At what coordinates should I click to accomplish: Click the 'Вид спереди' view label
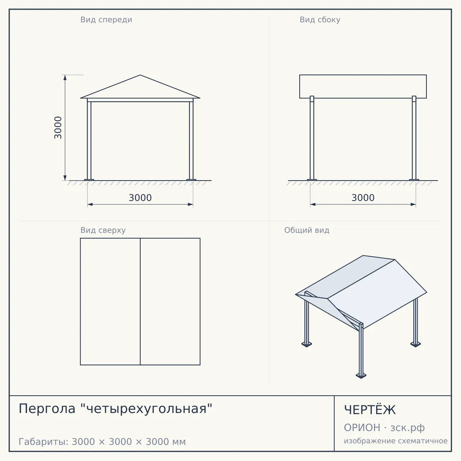(106, 20)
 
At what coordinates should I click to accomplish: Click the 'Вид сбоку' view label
(320, 20)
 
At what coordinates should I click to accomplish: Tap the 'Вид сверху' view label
(103, 230)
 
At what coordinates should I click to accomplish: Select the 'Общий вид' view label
(307, 230)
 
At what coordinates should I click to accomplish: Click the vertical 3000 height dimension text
(58, 128)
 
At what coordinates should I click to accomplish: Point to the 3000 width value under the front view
(140, 198)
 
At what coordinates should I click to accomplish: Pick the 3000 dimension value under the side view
(363, 198)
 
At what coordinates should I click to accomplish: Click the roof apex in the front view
(140, 75)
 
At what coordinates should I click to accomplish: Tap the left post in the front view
(89, 141)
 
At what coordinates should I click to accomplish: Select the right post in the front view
(191, 141)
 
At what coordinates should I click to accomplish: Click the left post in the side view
(312, 138)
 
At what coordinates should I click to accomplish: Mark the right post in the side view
(414, 138)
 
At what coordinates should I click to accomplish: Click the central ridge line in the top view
(140, 302)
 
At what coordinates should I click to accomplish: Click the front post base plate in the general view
(361, 375)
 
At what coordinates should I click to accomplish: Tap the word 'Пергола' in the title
(47, 409)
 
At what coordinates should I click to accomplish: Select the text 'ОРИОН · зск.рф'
(384, 428)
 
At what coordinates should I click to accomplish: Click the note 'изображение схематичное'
(396, 441)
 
